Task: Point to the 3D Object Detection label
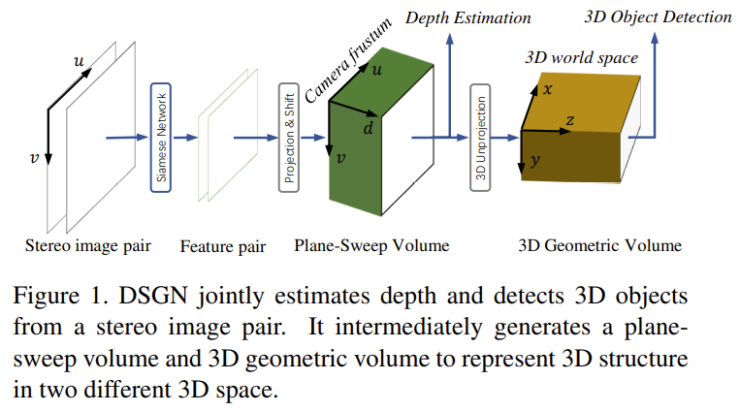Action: (659, 16)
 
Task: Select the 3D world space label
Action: (581, 57)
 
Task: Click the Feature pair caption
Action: (223, 246)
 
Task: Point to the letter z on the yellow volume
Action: (569, 119)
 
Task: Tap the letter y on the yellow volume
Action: (536, 161)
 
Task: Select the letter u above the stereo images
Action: (79, 61)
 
